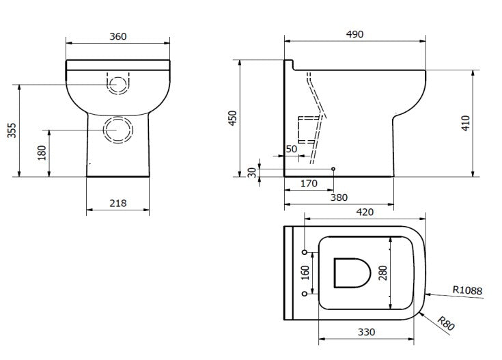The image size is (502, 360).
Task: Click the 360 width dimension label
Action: (x=117, y=36)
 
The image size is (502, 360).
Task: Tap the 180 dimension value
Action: (x=42, y=153)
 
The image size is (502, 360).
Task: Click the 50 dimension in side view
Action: (x=292, y=149)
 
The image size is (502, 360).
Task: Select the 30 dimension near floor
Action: (x=251, y=172)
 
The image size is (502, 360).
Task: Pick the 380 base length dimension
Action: (x=339, y=197)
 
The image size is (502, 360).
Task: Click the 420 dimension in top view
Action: (x=365, y=212)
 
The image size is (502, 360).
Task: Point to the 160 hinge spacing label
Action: (x=305, y=273)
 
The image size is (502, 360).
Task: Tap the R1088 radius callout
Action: (x=467, y=291)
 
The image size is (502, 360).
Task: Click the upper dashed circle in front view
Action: (x=117, y=85)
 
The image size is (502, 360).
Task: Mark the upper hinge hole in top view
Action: (x=304, y=252)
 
